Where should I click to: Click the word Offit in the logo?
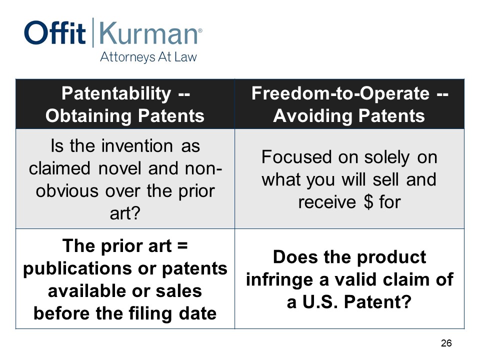tap(55, 32)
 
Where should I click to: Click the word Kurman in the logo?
tap(148, 33)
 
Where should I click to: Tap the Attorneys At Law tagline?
tap(148, 57)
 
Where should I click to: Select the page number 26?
tap(446, 343)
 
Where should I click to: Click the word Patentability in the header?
tap(116, 93)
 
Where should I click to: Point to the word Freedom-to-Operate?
tap(340, 93)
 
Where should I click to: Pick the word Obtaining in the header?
tap(89, 116)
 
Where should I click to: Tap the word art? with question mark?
tap(125, 213)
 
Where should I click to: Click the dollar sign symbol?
tap(369, 202)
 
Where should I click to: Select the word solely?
tap(386, 157)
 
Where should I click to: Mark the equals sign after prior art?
tap(182, 246)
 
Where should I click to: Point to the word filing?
tap(150, 314)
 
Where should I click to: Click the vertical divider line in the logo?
tap(93, 32)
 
